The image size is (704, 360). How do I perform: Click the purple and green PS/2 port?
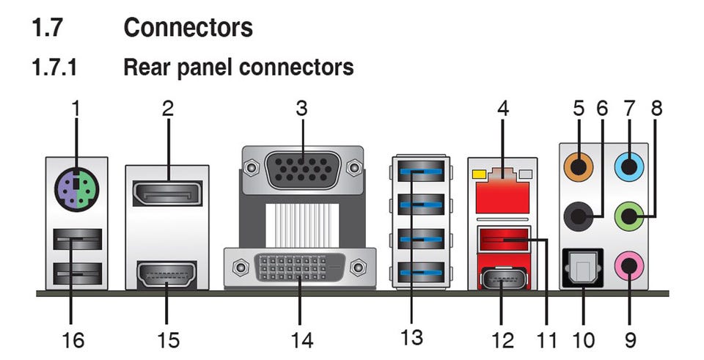tap(76, 188)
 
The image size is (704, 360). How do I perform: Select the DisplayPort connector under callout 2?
tap(167, 194)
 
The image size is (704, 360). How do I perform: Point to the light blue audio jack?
tap(628, 166)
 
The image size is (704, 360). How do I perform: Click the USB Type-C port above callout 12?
tap(502, 279)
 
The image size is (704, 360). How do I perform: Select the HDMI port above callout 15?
tap(166, 276)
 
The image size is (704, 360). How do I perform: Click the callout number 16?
tap(74, 339)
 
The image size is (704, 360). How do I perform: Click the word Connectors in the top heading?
tap(188, 28)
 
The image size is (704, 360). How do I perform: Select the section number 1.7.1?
tap(54, 67)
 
